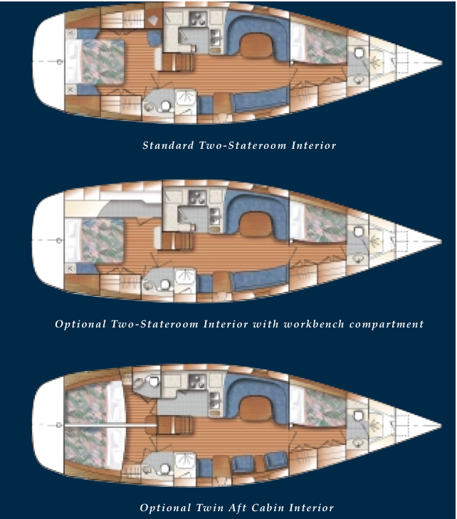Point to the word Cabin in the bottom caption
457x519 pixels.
click(275, 508)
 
